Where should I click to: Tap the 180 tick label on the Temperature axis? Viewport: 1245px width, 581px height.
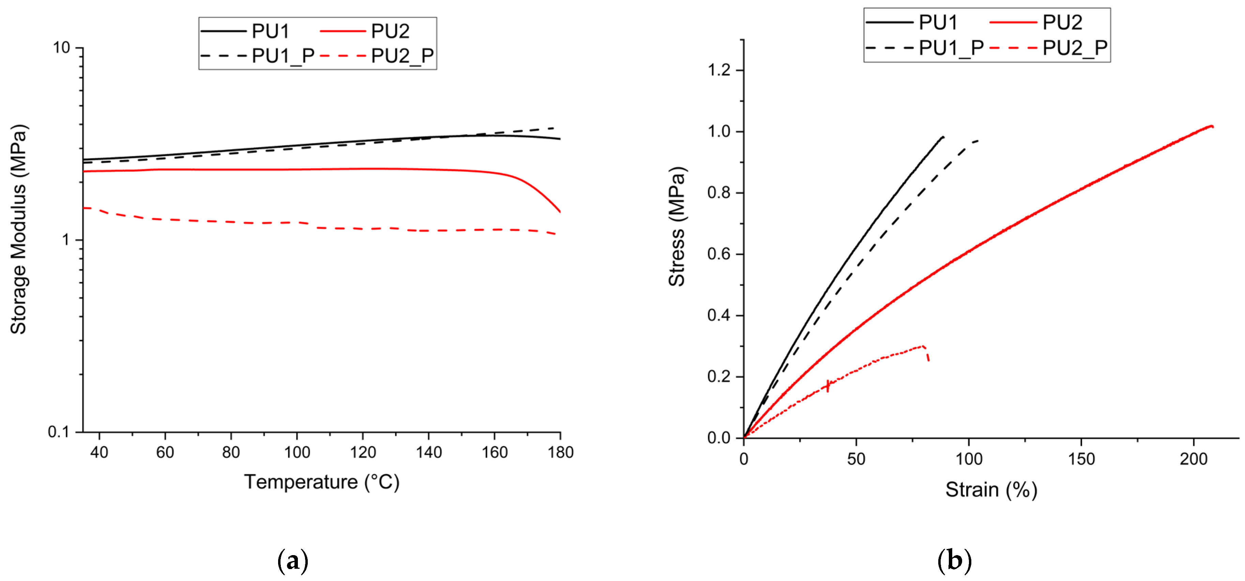coord(560,453)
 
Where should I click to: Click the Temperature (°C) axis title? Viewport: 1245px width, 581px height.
coord(321,482)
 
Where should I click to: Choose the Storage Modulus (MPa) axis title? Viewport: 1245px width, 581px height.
coord(19,230)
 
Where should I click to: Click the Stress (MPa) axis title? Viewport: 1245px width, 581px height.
coord(677,227)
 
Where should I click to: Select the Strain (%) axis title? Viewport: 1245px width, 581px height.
coord(991,490)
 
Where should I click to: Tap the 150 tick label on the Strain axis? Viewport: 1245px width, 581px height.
coord(1081,459)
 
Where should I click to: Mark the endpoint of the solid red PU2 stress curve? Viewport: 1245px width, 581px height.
coord(1212,127)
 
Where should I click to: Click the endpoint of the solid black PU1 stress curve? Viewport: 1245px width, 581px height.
coord(943,137)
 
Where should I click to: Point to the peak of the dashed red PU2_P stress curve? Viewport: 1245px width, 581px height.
coord(923,346)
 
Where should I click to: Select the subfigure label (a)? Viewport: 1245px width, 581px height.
coord(293,561)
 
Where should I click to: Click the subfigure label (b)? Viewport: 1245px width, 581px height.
coord(954,561)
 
